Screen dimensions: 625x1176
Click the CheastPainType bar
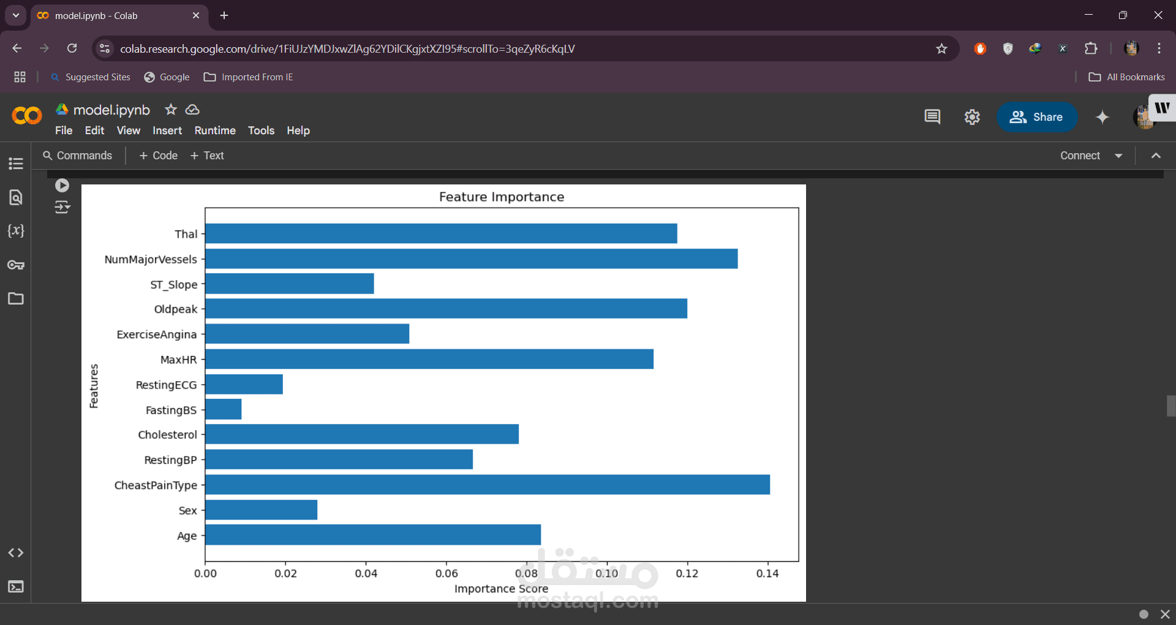pyautogui.click(x=487, y=485)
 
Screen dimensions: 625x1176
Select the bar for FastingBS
pyautogui.click(x=224, y=409)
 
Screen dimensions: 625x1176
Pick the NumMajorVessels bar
pyautogui.click(x=471, y=259)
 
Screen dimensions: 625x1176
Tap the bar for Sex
pyautogui.click(x=262, y=510)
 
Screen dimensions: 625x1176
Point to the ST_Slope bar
pyautogui.click(x=290, y=284)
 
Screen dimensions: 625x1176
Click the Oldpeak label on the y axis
pyautogui.click(x=176, y=309)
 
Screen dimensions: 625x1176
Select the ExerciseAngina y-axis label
pyautogui.click(x=157, y=335)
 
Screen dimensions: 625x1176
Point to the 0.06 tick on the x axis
pyautogui.click(x=447, y=574)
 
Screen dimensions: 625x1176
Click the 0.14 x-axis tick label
pyautogui.click(x=767, y=574)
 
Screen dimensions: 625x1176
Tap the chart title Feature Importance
pyautogui.click(x=502, y=197)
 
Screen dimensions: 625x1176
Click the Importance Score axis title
pyautogui.click(x=501, y=589)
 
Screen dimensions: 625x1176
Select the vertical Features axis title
pyautogui.click(x=94, y=386)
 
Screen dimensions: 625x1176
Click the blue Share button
pyautogui.click(x=1036, y=117)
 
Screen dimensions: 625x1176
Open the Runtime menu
pyautogui.click(x=215, y=131)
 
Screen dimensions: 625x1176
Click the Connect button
pyautogui.click(x=1080, y=156)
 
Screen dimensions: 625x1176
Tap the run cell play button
pyautogui.click(x=62, y=185)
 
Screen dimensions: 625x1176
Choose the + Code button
pyautogui.click(x=159, y=156)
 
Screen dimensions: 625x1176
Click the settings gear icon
pyautogui.click(x=972, y=117)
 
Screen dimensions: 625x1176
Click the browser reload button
pyautogui.click(x=72, y=48)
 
